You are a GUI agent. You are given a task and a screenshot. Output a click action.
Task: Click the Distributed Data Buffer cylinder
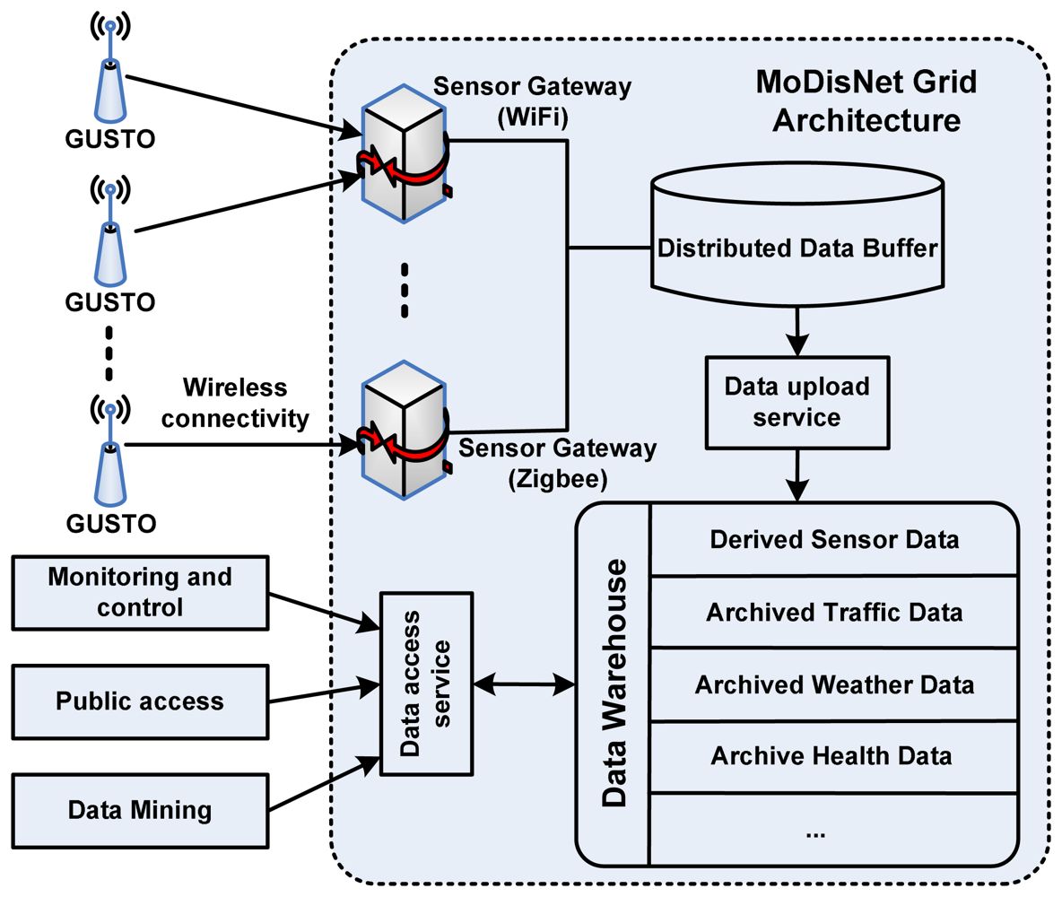(x=797, y=234)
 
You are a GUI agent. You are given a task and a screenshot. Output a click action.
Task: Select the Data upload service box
(x=797, y=403)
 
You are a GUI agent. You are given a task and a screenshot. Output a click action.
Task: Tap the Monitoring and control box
(x=140, y=593)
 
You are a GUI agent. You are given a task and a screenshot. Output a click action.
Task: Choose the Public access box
(x=140, y=701)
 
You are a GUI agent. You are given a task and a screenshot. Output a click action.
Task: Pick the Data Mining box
(x=140, y=810)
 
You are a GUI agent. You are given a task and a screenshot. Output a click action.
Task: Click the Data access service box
(x=427, y=684)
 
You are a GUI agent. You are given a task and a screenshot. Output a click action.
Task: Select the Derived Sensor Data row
(x=834, y=539)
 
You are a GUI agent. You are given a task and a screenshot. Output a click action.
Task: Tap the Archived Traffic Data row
(x=834, y=613)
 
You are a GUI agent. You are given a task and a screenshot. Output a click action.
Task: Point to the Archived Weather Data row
(x=834, y=685)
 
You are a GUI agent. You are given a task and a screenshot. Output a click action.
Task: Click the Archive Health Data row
(x=834, y=756)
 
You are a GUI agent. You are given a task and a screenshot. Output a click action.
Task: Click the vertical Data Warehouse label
(x=614, y=683)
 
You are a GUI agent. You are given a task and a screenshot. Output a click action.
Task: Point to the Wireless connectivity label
(x=235, y=403)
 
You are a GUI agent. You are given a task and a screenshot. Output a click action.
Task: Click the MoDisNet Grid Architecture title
(x=866, y=101)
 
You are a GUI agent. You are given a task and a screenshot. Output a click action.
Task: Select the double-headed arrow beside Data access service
(x=524, y=684)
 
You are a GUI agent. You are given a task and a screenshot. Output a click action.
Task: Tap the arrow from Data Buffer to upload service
(x=797, y=331)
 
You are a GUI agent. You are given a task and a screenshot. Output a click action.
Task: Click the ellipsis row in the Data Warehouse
(x=834, y=830)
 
